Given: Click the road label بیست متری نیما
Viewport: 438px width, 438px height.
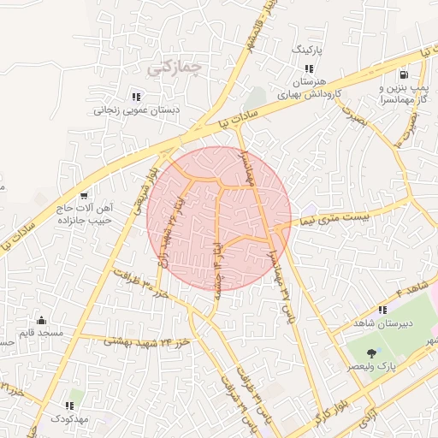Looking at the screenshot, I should tap(341, 217).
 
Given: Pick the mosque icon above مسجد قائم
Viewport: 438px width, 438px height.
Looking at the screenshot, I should tap(43, 322).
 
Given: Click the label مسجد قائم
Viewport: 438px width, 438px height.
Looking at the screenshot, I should tap(43, 334).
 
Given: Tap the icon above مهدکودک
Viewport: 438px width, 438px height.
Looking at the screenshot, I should tap(68, 405).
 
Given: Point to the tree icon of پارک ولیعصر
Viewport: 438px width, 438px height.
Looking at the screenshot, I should tap(372, 352).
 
